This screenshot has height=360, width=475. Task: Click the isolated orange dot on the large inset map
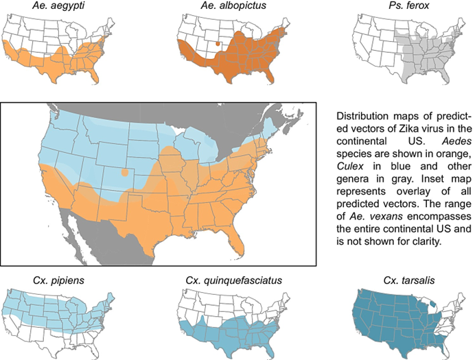tap(124, 173)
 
